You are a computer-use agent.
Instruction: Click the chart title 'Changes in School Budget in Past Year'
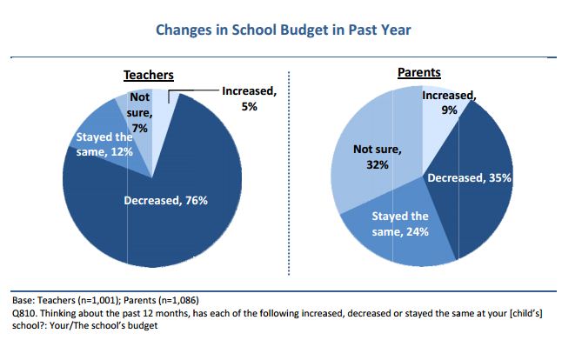click(283, 30)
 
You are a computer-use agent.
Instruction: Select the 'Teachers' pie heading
click(148, 76)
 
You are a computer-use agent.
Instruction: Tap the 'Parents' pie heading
click(418, 73)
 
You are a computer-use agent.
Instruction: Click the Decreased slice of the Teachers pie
click(174, 226)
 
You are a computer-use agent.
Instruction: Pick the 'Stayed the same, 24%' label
click(400, 223)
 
